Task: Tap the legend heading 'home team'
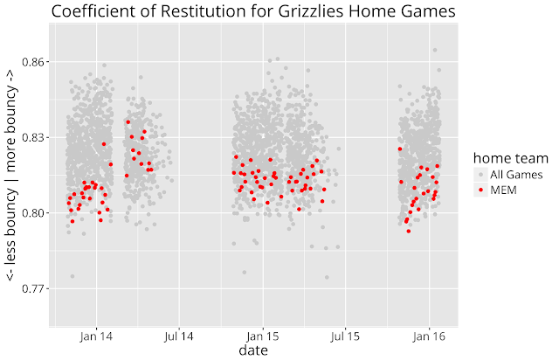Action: click(x=510, y=159)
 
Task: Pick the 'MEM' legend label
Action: click(x=503, y=190)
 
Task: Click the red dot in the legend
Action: click(x=480, y=190)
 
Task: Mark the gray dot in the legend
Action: click(x=480, y=175)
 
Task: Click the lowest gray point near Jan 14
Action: click(x=72, y=276)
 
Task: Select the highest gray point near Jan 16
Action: click(x=434, y=51)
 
